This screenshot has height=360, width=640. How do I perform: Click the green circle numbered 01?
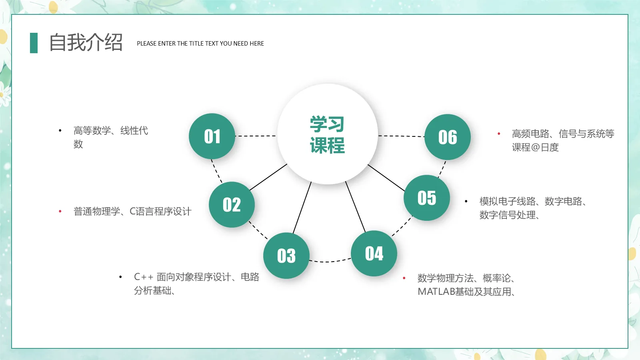[x=212, y=136]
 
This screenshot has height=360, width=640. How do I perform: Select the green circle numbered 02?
[x=232, y=204]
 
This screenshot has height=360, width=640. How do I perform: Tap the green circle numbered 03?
[x=286, y=256]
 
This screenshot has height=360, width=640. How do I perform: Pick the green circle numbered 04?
[x=374, y=253]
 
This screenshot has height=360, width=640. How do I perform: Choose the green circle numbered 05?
[x=427, y=198]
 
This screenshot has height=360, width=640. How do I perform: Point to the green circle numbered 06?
[x=448, y=137]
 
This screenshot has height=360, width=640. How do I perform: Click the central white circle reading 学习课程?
[x=328, y=134]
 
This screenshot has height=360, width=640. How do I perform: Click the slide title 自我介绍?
[x=86, y=43]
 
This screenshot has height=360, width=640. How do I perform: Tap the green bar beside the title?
[x=34, y=43]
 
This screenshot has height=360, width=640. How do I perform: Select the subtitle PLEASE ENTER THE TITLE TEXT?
[x=200, y=44]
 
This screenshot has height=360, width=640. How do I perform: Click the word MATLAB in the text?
[x=436, y=292]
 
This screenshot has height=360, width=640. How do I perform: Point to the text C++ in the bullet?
[x=144, y=277]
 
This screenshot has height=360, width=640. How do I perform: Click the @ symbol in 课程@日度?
[x=535, y=148]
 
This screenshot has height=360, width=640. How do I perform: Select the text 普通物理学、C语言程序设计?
[x=132, y=211]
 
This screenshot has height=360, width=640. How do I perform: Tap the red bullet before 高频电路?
[x=499, y=134]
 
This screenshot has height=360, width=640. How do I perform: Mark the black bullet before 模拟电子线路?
[x=466, y=201]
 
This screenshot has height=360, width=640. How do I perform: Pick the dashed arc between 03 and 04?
[x=330, y=262]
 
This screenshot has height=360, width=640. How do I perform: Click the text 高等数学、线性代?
[x=111, y=130]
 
